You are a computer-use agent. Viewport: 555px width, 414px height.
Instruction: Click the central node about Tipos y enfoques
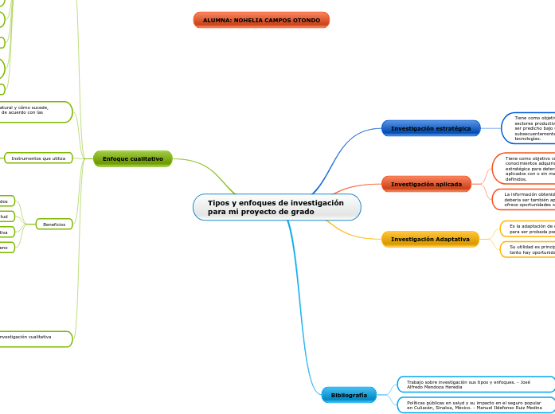tap(276, 207)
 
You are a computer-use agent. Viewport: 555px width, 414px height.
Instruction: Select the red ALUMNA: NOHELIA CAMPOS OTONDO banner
tap(261, 20)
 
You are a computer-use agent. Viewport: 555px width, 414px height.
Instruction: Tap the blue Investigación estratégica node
tap(431, 128)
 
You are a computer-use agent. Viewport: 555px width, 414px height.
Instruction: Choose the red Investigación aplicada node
tap(426, 184)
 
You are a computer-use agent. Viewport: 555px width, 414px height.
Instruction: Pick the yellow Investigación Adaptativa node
tap(430, 239)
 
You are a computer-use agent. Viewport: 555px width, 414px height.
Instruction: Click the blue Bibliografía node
tap(349, 395)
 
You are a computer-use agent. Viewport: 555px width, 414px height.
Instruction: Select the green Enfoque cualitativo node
tap(132, 158)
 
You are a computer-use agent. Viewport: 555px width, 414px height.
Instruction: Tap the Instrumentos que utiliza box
tap(38, 158)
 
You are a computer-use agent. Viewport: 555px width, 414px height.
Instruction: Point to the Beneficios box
tap(54, 225)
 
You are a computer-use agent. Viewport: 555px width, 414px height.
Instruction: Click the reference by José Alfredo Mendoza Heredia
tap(475, 385)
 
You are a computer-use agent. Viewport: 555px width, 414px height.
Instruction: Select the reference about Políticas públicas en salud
tap(475, 405)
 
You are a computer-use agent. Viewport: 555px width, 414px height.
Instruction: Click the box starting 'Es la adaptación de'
tap(530, 229)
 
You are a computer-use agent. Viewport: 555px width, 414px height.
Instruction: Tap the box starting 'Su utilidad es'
tap(530, 249)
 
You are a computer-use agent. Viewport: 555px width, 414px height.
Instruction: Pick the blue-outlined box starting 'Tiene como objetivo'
tap(530, 127)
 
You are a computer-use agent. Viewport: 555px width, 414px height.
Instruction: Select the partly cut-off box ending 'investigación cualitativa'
tap(32, 338)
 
